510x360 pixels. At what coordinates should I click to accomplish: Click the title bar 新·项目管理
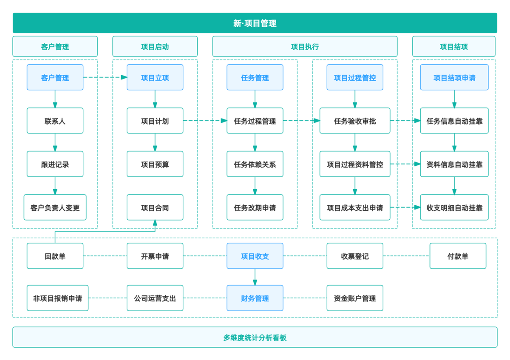pos(255,23)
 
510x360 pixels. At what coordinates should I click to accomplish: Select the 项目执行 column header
pos(304,47)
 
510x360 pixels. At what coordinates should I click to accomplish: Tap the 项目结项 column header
pos(453,47)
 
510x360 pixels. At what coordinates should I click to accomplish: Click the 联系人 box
pos(55,121)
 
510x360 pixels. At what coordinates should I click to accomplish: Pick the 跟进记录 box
pos(55,164)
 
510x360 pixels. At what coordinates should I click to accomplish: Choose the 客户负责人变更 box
pos(55,208)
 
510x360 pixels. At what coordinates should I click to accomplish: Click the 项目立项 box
pos(155,78)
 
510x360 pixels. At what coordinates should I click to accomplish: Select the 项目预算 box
pos(155,164)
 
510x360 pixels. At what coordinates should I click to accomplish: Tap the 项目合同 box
pos(155,208)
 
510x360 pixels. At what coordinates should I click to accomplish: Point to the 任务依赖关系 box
pos(255,164)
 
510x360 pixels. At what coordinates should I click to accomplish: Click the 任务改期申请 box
pos(255,208)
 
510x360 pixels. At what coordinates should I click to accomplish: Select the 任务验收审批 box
pos(354,121)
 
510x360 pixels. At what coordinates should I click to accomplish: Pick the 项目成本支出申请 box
pos(354,208)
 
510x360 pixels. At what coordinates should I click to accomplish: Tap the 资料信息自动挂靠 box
pos(454,164)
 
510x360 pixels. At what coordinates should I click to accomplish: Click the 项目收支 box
pos(255,256)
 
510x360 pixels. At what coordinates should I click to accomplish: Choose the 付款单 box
pos(457,256)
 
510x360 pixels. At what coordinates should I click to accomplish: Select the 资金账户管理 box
pos(354,298)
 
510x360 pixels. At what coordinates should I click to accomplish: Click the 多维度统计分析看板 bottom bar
pos(255,338)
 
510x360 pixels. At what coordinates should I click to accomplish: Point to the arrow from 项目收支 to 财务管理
pos(255,277)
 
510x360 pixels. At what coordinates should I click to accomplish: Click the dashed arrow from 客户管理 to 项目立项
pos(105,77)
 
